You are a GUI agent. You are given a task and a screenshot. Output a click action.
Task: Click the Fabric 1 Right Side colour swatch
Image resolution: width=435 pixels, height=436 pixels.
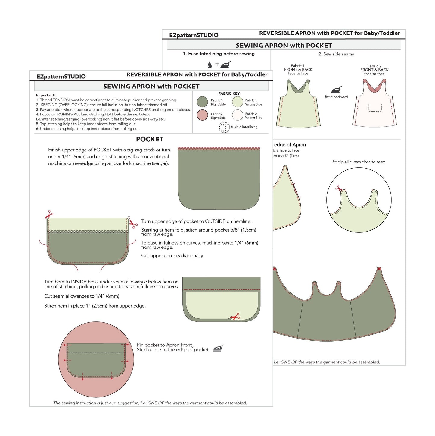tap(202, 102)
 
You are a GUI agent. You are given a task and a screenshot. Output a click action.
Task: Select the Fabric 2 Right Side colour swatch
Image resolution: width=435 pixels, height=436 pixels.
tap(202, 115)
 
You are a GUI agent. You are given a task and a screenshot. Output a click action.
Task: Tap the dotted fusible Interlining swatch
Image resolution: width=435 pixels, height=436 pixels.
tap(224, 127)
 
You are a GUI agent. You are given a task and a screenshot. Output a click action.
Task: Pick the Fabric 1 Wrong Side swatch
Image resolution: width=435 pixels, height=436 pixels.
tap(238, 102)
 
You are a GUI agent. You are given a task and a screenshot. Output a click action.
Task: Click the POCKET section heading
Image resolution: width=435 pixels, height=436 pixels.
tap(150, 139)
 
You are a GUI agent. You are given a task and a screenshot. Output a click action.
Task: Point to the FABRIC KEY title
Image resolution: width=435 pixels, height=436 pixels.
tap(229, 93)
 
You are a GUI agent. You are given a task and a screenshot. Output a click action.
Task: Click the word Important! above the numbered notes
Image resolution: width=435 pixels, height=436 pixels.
tap(46, 95)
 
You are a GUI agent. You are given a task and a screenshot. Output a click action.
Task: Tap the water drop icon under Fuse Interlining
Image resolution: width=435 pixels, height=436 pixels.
tap(210, 64)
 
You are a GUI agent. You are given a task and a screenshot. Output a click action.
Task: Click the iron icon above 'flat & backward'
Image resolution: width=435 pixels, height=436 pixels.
tap(336, 90)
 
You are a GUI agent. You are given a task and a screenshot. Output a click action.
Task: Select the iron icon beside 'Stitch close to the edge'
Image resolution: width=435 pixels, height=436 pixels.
tap(218, 349)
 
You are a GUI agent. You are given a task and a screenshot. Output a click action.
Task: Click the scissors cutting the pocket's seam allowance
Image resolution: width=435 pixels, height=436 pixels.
tap(235, 317)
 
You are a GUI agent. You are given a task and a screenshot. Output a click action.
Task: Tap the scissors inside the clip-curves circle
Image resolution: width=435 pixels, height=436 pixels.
tap(339, 188)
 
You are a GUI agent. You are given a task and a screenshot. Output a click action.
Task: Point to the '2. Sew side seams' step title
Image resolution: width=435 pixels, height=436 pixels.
tap(336, 54)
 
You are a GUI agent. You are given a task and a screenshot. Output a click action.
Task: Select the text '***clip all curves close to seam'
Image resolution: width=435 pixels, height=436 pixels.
tap(359, 162)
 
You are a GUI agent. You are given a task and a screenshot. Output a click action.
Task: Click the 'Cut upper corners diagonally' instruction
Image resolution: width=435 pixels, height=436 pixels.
tap(172, 256)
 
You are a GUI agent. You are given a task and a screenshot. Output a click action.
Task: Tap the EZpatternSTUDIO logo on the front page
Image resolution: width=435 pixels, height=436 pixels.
tap(61, 77)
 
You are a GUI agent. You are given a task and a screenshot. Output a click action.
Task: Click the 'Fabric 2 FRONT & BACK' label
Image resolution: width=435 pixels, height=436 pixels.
tap(374, 68)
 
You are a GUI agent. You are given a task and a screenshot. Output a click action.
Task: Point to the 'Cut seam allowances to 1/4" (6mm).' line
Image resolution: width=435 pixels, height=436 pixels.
tap(82, 296)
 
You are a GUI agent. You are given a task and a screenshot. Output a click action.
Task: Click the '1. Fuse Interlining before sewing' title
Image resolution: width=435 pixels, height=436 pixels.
tap(219, 54)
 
